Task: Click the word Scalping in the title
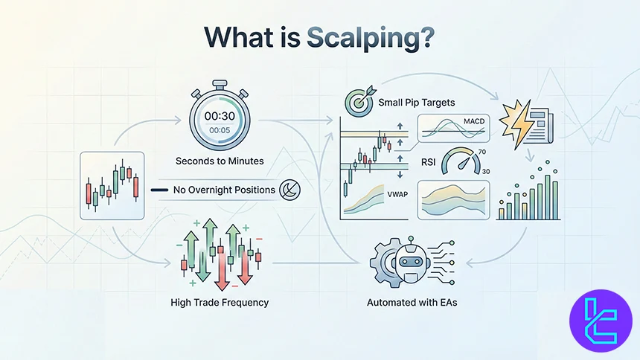pos(380,38)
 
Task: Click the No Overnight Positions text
pos(223,190)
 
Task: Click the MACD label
pos(473,121)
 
